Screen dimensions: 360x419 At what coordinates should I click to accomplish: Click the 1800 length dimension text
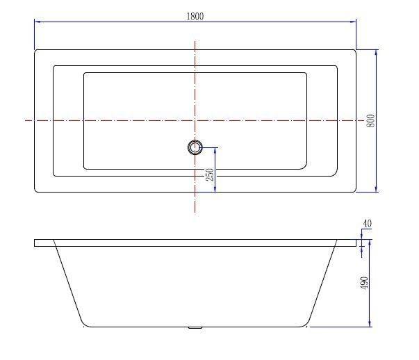click(195, 17)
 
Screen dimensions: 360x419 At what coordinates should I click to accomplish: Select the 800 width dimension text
click(370, 121)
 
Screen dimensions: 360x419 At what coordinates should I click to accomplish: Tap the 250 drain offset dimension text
click(209, 174)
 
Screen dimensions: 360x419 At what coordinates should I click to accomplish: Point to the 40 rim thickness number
click(367, 224)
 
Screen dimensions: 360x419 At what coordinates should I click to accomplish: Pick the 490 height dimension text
click(364, 283)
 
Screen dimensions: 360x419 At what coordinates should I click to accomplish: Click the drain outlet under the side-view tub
click(195, 327)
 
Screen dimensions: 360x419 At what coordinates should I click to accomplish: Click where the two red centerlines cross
click(195, 120)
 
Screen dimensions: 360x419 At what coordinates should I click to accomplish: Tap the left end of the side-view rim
click(35, 243)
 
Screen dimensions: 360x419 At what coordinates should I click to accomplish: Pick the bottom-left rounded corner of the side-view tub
click(85, 322)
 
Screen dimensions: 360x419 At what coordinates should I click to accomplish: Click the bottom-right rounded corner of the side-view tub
click(306, 322)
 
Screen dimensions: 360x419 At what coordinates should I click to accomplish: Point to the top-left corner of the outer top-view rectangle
click(35, 50)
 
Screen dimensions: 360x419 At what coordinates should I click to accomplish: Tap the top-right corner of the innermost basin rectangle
click(306, 73)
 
